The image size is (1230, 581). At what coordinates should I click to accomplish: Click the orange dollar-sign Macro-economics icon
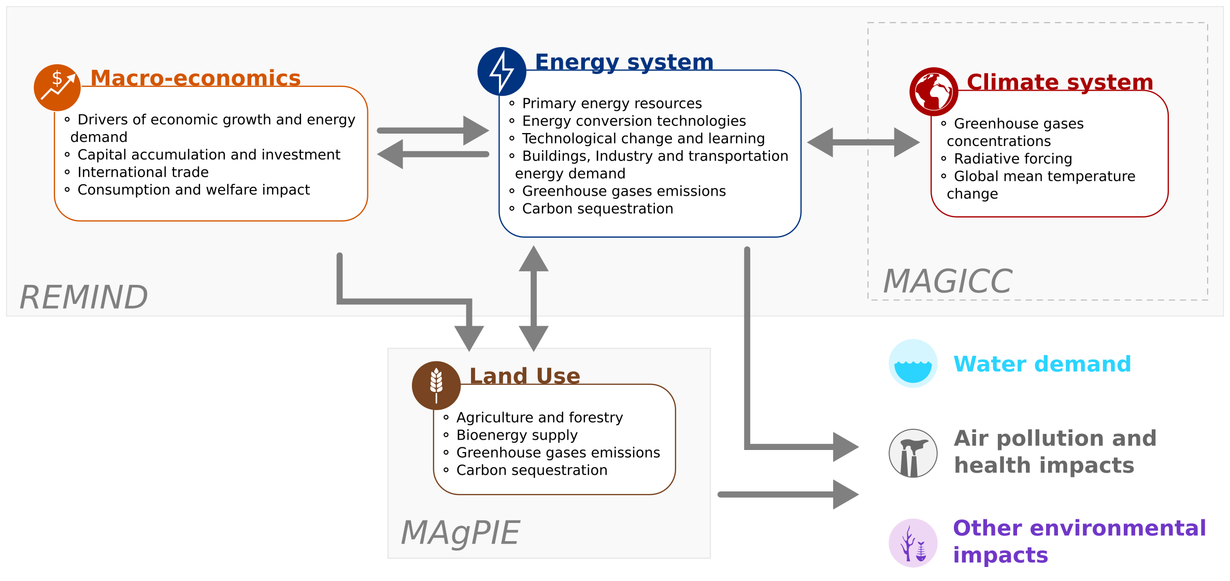coord(57,88)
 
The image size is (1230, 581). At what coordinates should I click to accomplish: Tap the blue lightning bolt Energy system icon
coord(502,71)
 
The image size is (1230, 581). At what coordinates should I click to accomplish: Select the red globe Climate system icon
coord(934,92)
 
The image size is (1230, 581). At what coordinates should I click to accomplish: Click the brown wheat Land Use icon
coord(436,385)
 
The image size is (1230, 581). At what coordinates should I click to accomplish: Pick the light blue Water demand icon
coord(913,364)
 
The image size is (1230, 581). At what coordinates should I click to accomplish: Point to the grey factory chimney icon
coord(913,453)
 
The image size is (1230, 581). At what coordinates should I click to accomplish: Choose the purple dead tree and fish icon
coord(913,543)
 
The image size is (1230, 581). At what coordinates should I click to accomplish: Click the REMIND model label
coord(84,297)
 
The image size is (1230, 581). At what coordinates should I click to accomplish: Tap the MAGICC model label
coord(947,281)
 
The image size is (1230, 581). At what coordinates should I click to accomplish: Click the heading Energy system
coord(624,62)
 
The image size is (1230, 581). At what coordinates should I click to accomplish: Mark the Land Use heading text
coord(524,376)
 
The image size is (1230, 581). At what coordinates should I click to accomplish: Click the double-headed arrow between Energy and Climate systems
coord(863,142)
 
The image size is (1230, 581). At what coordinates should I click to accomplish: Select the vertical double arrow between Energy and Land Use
coord(533,298)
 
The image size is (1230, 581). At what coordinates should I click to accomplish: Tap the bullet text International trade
coord(142,172)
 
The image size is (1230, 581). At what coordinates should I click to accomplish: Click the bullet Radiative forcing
coord(1012,158)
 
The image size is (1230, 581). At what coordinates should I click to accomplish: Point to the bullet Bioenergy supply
coord(517,435)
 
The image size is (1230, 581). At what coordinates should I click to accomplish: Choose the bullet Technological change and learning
coord(643,138)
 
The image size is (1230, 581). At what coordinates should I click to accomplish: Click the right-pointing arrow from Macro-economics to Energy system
coord(433,130)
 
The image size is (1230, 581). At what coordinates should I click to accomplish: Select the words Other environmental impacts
coord(1079,541)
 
